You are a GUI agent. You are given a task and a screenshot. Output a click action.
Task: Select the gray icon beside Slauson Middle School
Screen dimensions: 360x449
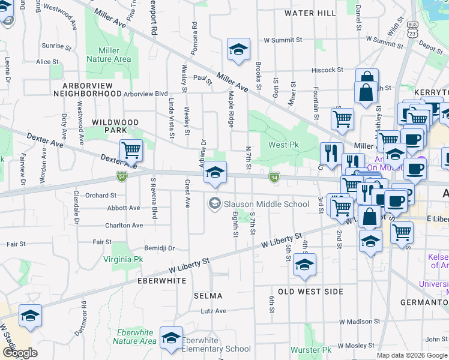coord(214,204)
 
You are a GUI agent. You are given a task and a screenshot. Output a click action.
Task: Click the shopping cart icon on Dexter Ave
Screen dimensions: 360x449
coord(130,150)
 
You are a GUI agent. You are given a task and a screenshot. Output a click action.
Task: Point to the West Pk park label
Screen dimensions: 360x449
coord(283,145)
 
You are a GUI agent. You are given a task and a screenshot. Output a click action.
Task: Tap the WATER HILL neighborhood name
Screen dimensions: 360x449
coord(310,13)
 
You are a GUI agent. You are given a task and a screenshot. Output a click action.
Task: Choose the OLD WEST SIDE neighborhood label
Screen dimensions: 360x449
coord(310,292)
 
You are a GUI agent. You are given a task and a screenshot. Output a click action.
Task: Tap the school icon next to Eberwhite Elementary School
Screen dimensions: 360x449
coord(171,338)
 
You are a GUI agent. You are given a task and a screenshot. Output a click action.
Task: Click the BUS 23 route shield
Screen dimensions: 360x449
coord(412,29)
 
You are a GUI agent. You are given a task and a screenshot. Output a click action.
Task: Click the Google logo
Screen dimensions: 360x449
coord(19,353)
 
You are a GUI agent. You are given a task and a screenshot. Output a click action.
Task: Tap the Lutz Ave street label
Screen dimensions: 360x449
coord(213,311)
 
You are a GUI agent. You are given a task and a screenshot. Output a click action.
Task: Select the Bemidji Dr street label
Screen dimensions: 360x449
coord(159,248)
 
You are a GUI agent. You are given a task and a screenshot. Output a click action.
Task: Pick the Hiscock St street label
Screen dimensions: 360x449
coord(327,70)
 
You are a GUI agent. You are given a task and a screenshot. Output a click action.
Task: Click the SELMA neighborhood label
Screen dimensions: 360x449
coord(208,296)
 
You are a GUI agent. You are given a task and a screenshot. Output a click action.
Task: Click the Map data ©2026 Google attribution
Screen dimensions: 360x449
coord(411,355)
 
